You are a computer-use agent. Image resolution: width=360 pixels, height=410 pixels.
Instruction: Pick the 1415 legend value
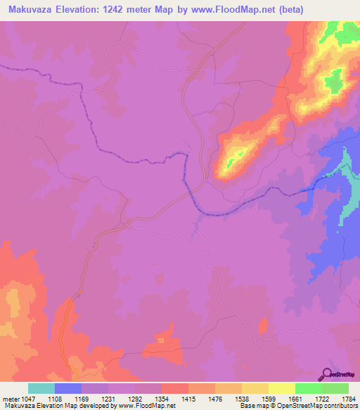(x=189, y=399)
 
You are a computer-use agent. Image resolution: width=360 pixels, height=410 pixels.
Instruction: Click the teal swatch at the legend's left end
(x=41, y=388)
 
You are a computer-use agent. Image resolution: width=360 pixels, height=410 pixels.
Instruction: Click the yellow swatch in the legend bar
(x=282, y=388)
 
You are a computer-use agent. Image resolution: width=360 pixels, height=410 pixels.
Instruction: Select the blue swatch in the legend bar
(x=68, y=388)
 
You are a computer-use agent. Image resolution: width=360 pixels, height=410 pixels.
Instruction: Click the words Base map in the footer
(x=252, y=406)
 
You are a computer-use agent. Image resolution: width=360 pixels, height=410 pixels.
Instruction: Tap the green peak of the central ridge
(x=239, y=153)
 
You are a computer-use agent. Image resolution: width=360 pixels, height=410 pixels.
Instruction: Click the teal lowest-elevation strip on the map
(x=345, y=169)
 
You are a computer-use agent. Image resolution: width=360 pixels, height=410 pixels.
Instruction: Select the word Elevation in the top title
(x=75, y=8)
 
